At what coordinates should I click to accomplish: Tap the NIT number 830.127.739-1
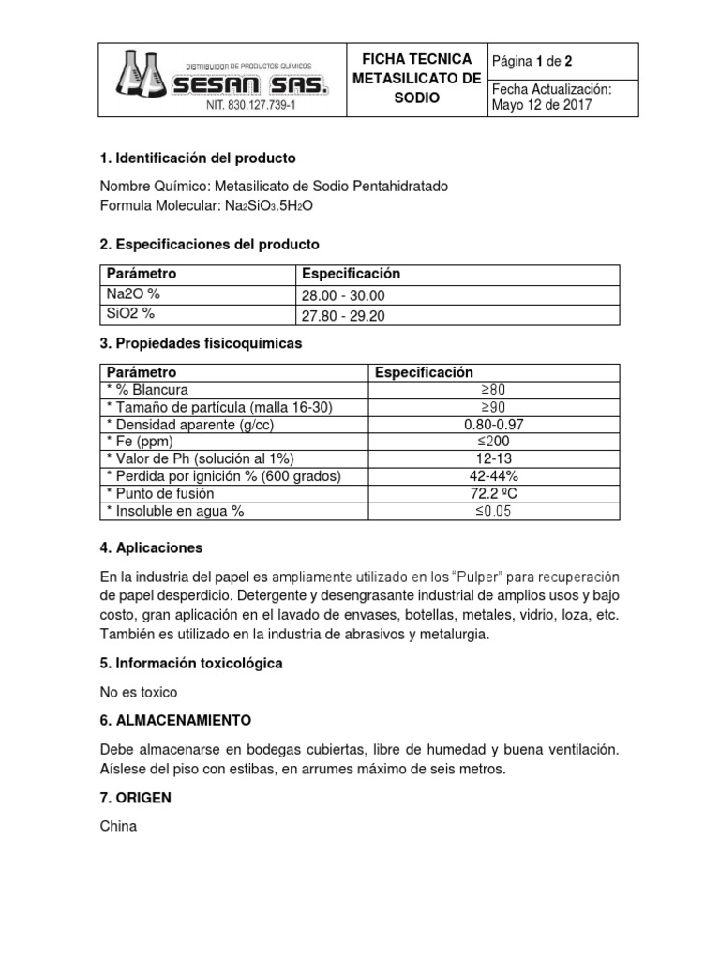[253, 106]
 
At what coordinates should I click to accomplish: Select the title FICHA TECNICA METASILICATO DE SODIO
[416, 79]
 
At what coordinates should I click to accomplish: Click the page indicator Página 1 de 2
[532, 61]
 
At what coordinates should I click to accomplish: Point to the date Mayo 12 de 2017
[542, 105]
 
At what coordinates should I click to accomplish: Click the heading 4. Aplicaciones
[151, 547]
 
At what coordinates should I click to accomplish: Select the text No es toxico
[139, 692]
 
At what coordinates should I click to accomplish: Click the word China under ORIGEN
[118, 827]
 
